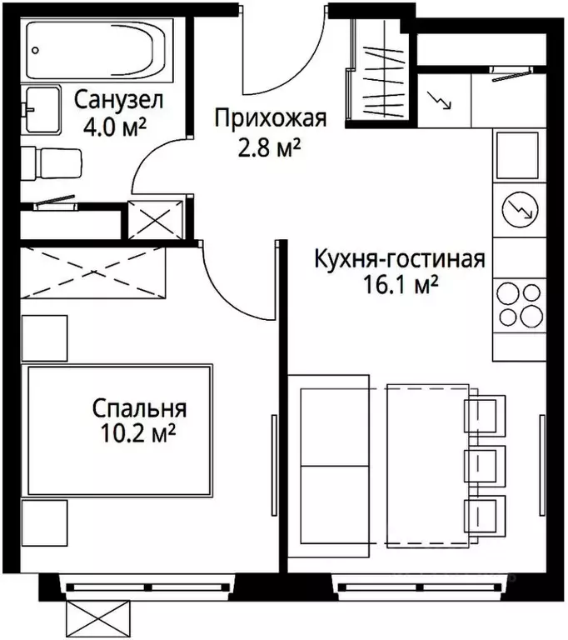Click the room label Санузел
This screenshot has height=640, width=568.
coord(118,102)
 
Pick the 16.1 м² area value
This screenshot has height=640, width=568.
coord(398,286)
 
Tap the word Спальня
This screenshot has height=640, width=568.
coord(139,408)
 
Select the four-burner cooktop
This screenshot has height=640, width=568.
coord(519,304)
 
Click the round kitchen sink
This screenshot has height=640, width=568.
coord(519,207)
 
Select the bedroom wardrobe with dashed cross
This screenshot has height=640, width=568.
coord(93,271)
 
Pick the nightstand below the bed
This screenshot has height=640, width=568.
coord(43,522)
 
